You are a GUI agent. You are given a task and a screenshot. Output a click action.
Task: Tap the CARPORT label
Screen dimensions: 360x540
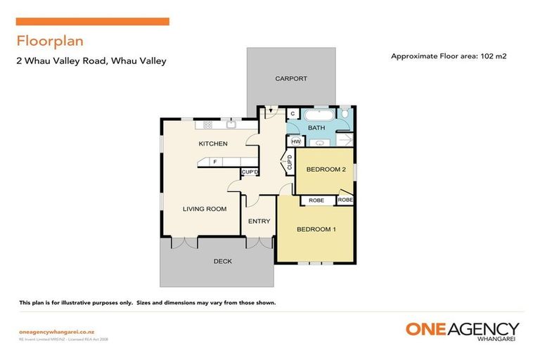290,79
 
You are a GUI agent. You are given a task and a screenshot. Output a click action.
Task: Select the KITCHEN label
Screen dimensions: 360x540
212,143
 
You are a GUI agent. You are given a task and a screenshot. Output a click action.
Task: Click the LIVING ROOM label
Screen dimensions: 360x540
204,209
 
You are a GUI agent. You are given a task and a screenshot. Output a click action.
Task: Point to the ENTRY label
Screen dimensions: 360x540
259,221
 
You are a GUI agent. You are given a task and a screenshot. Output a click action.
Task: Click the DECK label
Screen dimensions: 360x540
222,262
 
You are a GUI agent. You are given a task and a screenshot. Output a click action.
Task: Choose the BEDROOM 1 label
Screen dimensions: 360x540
316,230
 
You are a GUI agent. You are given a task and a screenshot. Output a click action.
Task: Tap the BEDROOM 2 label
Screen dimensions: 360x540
324,169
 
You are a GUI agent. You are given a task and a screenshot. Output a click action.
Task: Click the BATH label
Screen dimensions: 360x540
316,128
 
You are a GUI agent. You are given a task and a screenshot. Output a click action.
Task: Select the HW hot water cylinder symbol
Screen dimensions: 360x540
295,142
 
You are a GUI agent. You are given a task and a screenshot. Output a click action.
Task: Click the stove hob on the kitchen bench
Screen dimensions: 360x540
207,125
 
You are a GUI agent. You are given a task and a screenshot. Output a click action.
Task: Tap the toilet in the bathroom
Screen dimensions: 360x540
345,113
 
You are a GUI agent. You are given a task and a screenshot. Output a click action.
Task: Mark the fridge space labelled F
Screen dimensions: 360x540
214,162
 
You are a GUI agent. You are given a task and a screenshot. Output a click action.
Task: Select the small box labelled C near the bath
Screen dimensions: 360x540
293,114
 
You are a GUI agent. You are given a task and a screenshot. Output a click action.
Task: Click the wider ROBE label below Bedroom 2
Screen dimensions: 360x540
316,200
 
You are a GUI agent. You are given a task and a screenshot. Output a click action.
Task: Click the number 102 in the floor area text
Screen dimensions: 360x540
487,56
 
